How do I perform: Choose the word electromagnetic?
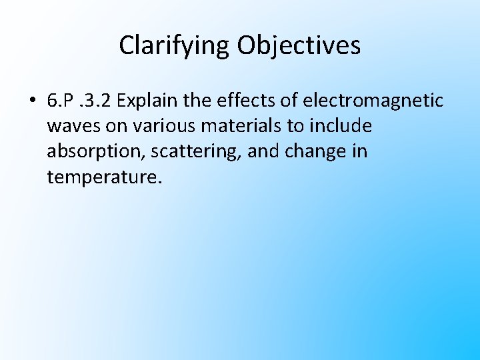(x=373, y=101)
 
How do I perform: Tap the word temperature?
(x=103, y=177)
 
